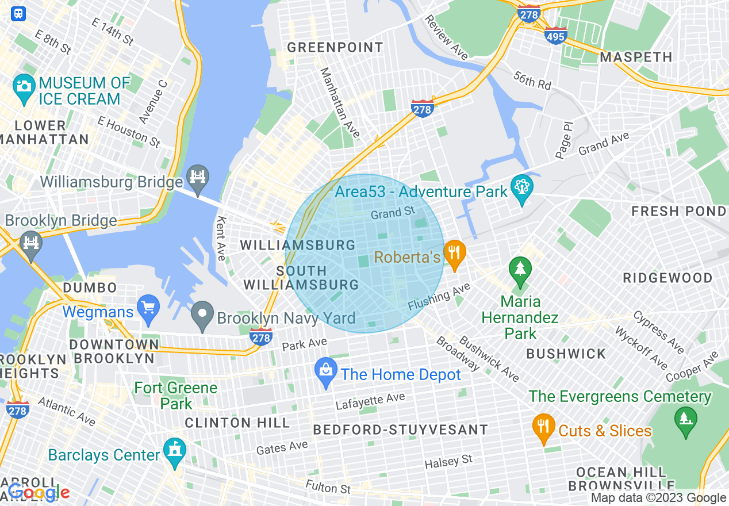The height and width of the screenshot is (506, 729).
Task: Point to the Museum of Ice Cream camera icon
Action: [24, 87]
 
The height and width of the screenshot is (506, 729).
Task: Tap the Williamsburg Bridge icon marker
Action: [198, 178]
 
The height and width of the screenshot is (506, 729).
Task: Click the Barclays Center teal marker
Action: [174, 451]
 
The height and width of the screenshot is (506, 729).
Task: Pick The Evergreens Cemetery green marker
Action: [684, 421]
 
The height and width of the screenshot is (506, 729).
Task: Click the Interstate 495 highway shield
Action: [556, 35]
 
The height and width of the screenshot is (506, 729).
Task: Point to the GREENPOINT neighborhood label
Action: [335, 48]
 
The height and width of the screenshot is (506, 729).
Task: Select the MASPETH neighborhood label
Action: [636, 57]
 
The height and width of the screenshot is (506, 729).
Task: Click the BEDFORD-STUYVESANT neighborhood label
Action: [400, 430]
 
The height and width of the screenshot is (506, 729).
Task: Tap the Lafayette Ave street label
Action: [370, 401]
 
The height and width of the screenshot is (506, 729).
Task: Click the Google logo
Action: [39, 493]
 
